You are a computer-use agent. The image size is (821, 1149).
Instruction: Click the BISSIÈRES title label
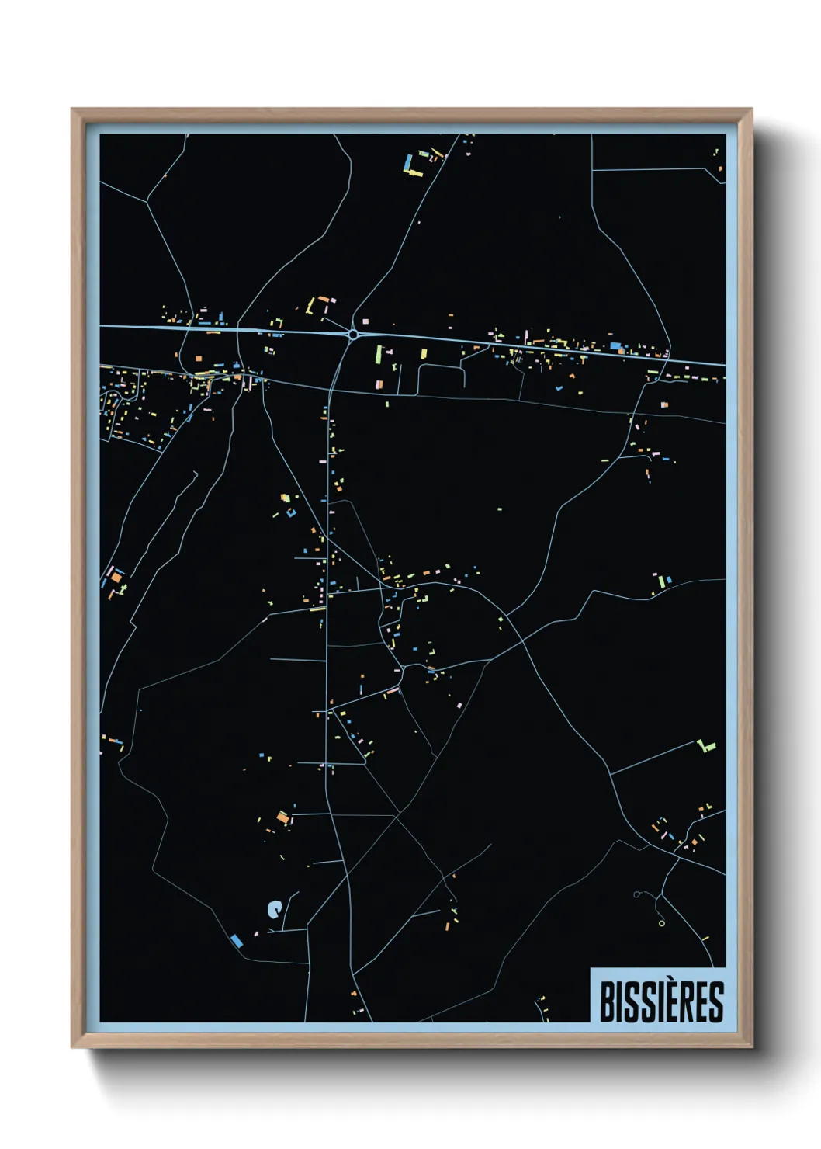tap(661, 1001)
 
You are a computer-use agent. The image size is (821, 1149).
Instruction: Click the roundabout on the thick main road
tap(353, 335)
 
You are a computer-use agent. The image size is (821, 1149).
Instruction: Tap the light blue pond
tap(273, 909)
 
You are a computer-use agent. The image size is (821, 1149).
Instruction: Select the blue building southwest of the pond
tap(237, 941)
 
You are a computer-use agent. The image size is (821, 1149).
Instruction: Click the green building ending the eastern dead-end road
tap(705, 747)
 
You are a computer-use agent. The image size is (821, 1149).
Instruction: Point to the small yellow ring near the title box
tap(661, 923)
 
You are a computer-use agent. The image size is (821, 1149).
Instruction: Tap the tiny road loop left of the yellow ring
tap(636, 895)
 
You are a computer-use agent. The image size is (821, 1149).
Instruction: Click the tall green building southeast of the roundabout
tap(379, 356)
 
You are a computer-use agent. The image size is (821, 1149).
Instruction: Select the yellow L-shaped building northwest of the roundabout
tap(311, 306)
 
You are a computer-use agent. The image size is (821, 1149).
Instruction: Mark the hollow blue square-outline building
tap(291, 512)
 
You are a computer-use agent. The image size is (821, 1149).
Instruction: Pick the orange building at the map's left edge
tap(116, 578)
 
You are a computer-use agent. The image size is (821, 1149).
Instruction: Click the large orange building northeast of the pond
tap(282, 817)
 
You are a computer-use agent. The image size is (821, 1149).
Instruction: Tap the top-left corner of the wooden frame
tap(72, 110)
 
